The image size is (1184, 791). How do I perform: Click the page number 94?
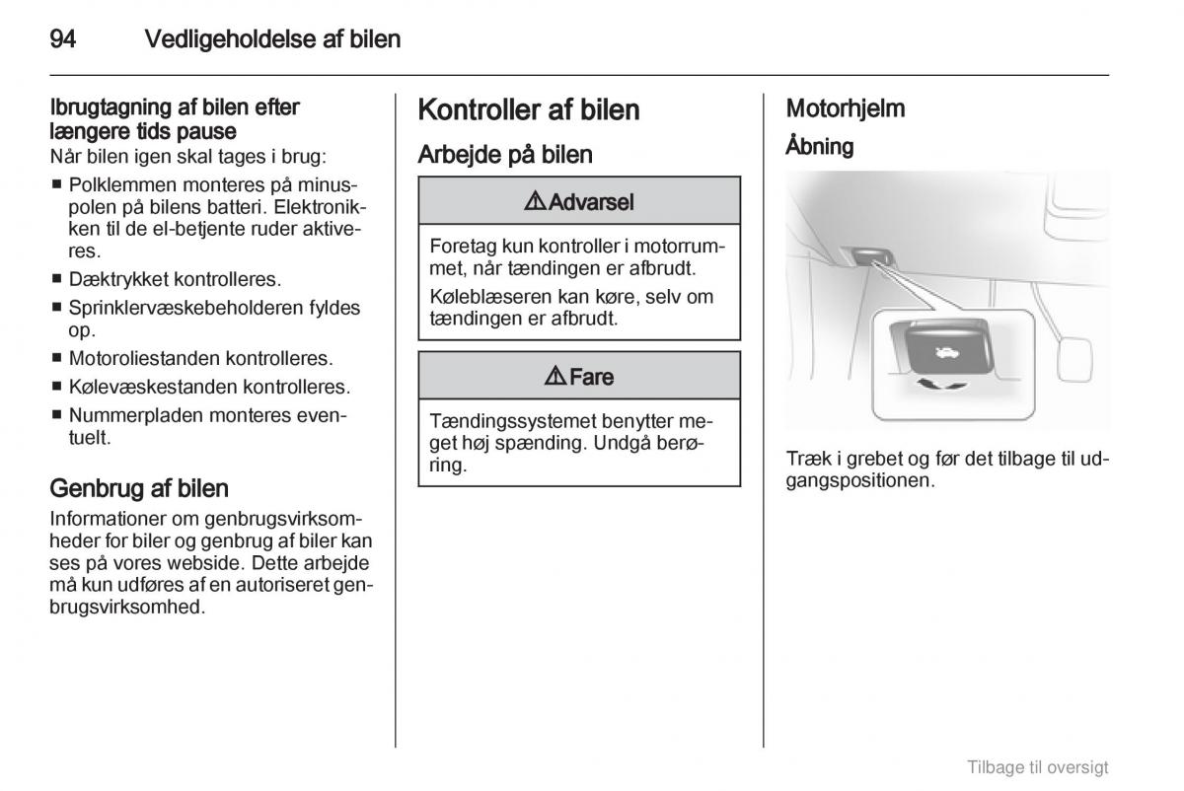click(63, 39)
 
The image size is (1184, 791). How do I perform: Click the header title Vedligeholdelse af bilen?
click(272, 39)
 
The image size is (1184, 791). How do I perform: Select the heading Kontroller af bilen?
click(529, 109)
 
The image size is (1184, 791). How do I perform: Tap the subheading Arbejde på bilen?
click(505, 154)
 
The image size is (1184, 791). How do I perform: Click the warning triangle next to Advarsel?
click(535, 202)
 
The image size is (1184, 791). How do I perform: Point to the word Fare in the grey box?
click(591, 377)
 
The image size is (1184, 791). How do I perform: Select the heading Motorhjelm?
click(845, 108)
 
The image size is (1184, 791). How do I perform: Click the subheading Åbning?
click(819, 147)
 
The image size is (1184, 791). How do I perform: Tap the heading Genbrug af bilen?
click(139, 487)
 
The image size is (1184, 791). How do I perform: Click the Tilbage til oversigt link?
click(1037, 766)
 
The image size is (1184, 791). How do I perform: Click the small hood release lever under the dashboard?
click(869, 256)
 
